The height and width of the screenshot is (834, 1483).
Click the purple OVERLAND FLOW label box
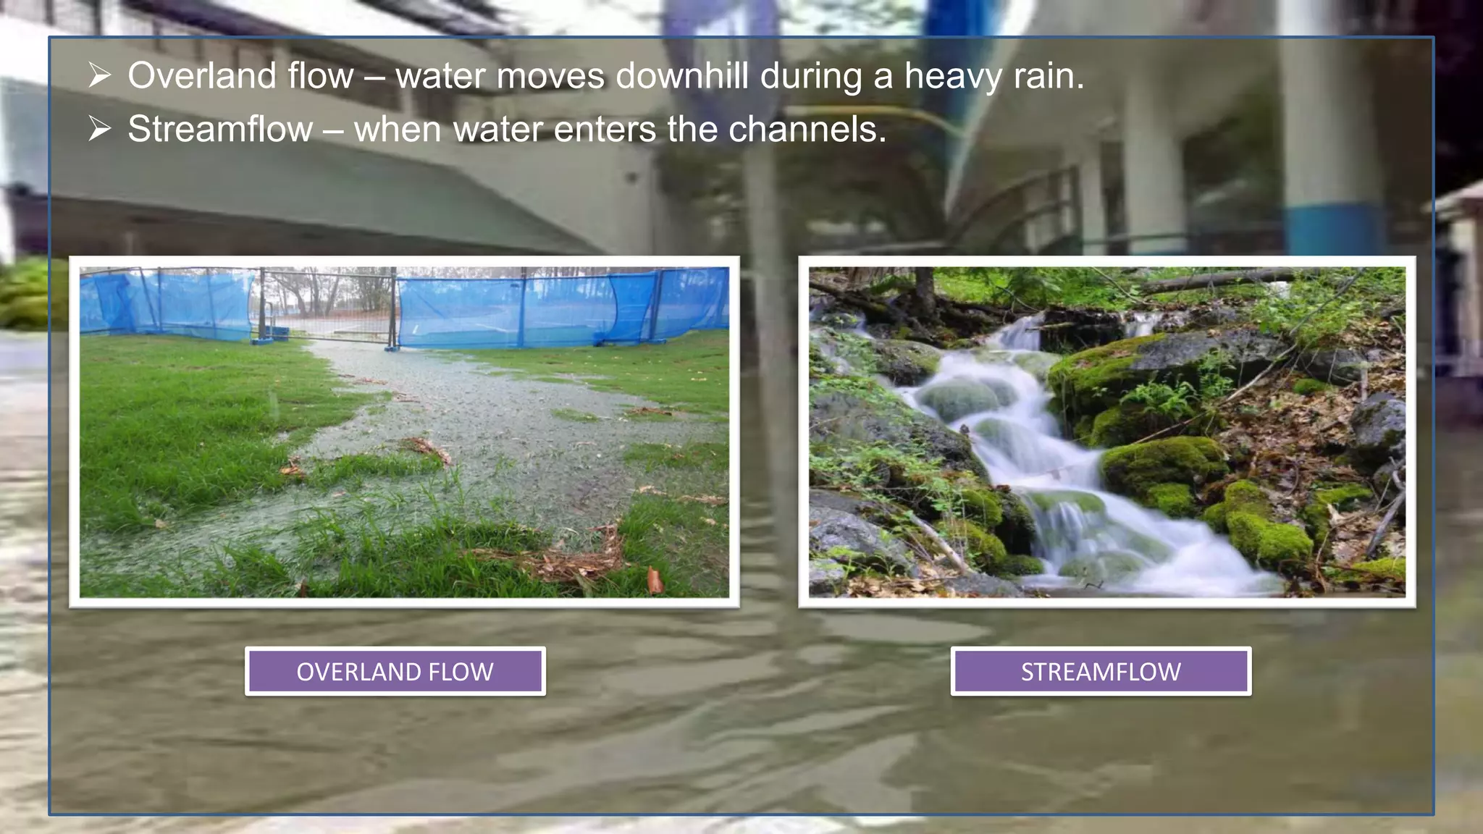(395, 671)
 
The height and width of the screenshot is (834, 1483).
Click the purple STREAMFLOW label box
(1101, 671)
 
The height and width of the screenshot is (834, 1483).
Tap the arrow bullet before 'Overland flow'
(99, 75)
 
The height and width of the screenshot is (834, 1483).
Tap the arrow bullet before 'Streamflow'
(99, 130)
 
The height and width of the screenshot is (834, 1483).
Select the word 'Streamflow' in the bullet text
(220, 130)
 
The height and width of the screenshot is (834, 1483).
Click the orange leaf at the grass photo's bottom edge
(655, 580)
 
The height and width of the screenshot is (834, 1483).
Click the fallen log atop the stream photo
(1217, 279)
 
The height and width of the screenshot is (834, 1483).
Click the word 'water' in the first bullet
(440, 75)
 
